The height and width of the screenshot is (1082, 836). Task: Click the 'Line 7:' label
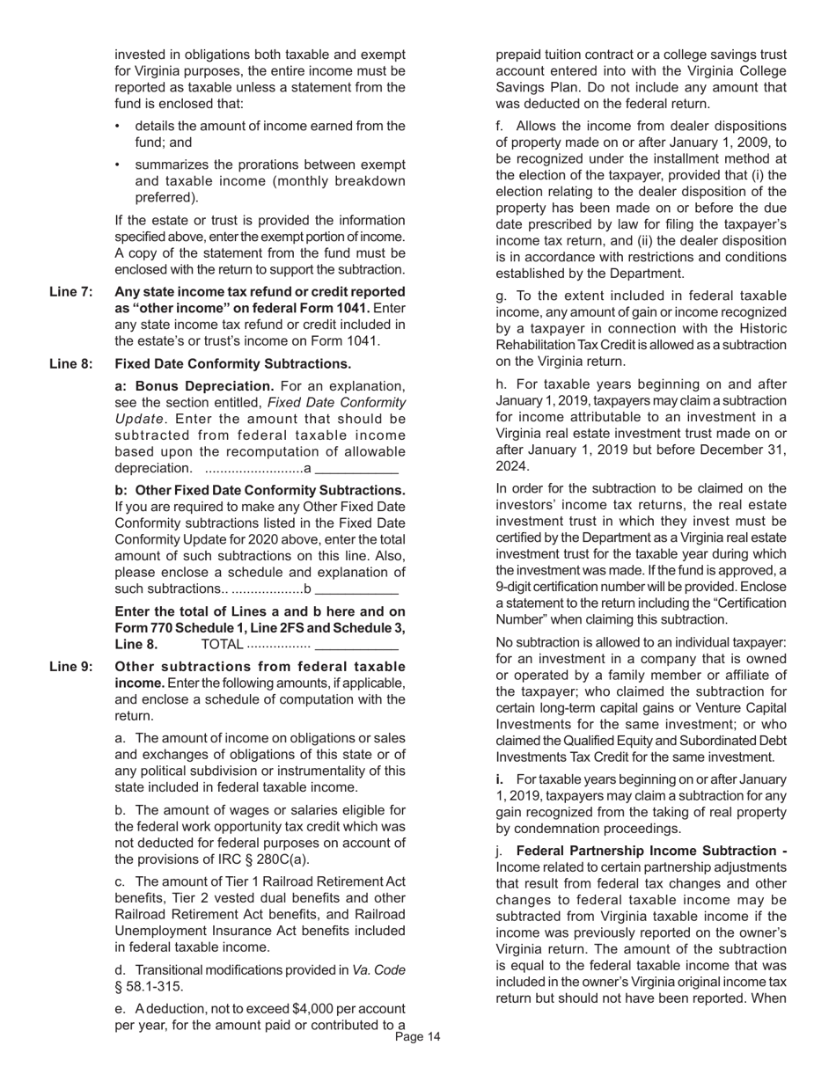tap(70, 292)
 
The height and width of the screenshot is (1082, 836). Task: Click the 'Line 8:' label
tap(70, 364)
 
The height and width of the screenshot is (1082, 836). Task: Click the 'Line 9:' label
tap(70, 667)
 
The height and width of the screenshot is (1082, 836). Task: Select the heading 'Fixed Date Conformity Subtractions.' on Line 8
tap(233, 364)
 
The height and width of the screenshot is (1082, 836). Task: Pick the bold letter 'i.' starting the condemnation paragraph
tap(502, 779)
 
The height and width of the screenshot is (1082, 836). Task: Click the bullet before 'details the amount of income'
tap(119, 127)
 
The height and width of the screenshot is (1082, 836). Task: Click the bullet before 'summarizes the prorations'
tap(119, 165)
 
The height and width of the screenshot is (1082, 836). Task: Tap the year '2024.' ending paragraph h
tap(512, 466)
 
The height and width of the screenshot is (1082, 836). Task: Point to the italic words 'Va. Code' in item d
tap(378, 969)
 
